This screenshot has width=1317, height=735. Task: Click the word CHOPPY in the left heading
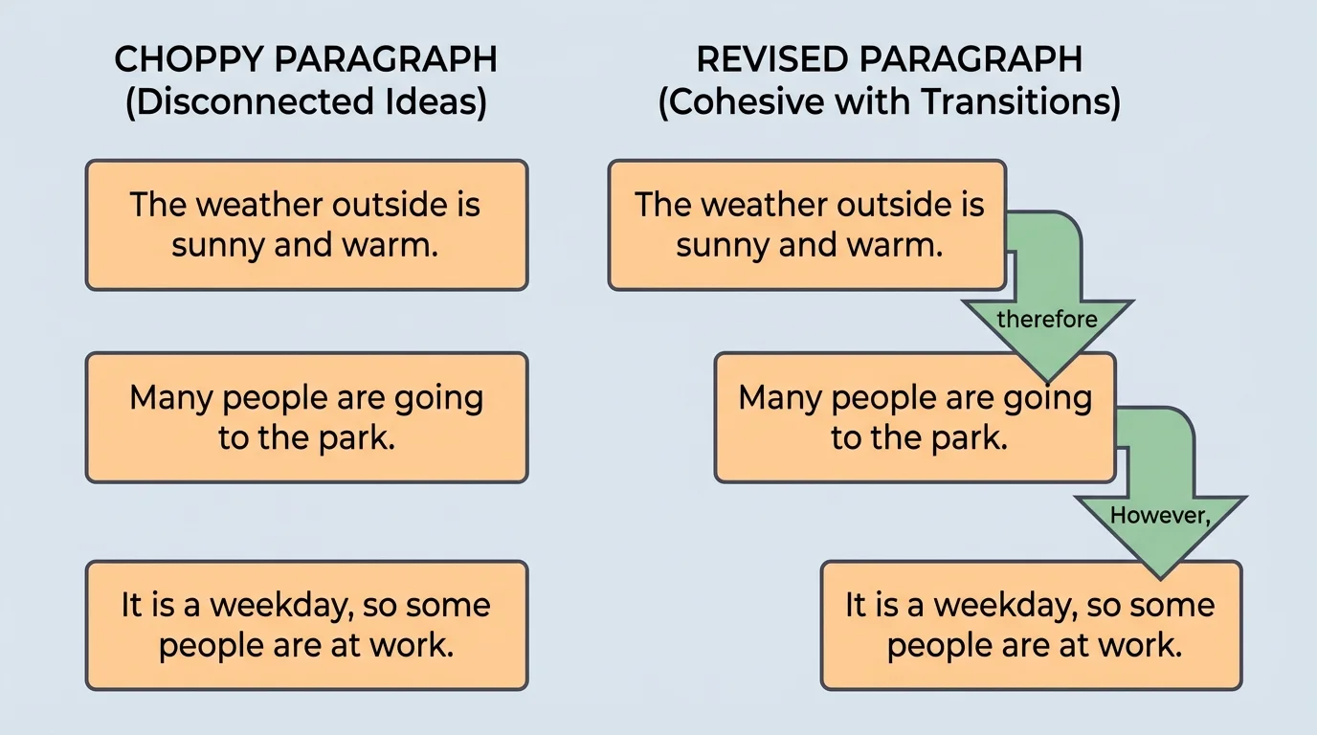click(x=188, y=59)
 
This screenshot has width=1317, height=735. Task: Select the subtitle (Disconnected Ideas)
click(x=305, y=101)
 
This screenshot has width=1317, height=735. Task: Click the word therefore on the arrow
click(x=1047, y=319)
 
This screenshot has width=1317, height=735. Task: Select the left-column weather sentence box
click(x=306, y=225)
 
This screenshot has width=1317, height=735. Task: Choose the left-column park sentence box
click(x=306, y=417)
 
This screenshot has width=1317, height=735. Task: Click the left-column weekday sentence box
click(x=306, y=625)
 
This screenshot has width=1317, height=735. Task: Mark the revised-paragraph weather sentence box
click(x=807, y=225)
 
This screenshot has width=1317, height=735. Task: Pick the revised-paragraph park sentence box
click(x=914, y=417)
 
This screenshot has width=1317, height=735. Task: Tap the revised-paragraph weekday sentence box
click(x=1031, y=625)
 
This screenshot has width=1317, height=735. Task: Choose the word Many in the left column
click(x=166, y=397)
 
